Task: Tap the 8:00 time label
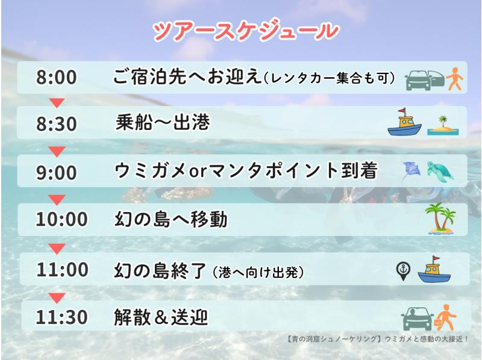click(57, 78)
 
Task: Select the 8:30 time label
click(57, 124)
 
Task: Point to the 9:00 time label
click(57, 173)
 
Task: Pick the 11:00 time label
click(61, 270)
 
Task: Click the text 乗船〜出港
click(162, 123)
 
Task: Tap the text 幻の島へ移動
click(171, 220)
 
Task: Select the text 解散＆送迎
click(161, 317)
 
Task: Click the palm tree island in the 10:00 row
click(440, 218)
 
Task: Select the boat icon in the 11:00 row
click(434, 269)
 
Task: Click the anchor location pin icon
click(402, 270)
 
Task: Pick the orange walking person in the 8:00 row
click(455, 79)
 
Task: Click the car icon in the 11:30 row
click(418, 318)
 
